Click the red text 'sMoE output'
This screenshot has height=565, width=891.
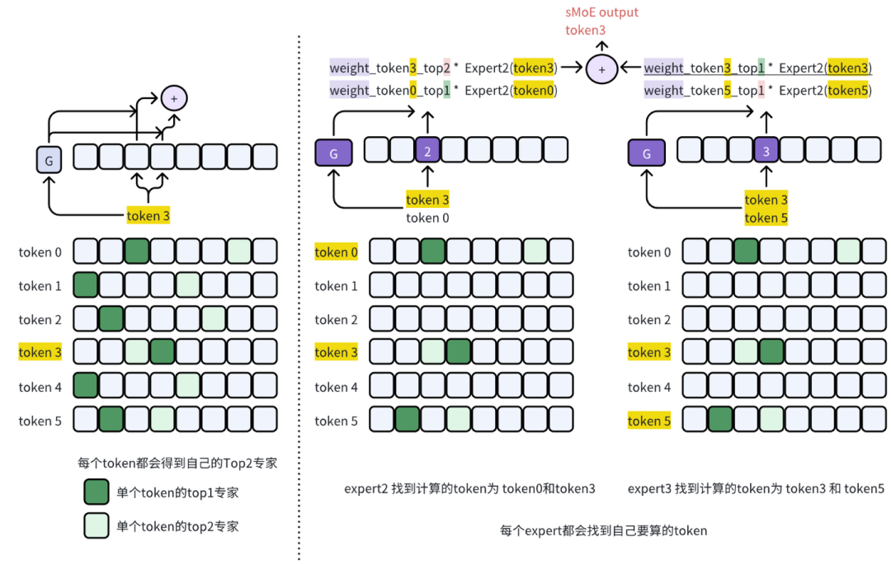click(x=601, y=12)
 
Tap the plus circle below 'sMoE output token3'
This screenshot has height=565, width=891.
click(x=601, y=69)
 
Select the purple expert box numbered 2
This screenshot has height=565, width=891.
click(x=427, y=150)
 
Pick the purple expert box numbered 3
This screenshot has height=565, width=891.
click(x=766, y=150)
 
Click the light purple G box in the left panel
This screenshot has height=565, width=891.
click(x=49, y=160)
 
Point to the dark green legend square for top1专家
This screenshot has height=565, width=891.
click(x=96, y=492)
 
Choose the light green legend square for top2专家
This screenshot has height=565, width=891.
click(x=96, y=526)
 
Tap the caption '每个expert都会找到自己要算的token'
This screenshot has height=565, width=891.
click(x=603, y=530)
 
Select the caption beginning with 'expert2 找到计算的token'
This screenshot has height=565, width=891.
click(x=469, y=488)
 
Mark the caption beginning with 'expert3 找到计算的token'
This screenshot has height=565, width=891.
click(x=756, y=488)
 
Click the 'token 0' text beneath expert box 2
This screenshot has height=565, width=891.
click(x=427, y=218)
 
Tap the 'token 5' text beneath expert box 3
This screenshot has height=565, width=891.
click(x=766, y=218)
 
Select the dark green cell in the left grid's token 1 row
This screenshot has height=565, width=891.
click(x=86, y=285)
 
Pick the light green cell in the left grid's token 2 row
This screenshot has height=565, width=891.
click(x=214, y=319)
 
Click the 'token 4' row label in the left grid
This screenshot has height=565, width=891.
click(x=40, y=387)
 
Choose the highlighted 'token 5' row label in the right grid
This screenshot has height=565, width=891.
click(x=649, y=421)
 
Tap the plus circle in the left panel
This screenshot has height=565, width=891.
click(x=174, y=98)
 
